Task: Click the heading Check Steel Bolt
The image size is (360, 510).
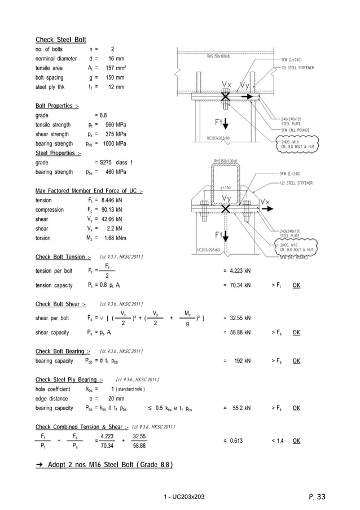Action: click(x=61, y=40)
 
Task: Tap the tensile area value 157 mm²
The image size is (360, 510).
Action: click(x=114, y=68)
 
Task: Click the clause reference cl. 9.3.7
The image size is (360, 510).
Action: click(x=121, y=258)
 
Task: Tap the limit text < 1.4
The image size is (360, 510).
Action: click(x=278, y=441)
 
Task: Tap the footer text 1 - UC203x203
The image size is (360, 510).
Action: click(x=183, y=497)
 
